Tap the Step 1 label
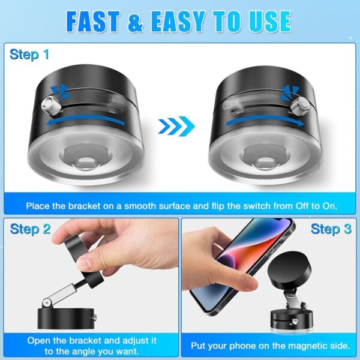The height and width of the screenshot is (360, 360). (x=29, y=55)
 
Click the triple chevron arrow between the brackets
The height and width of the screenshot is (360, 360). (x=176, y=126)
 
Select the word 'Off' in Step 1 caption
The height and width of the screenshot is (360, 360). (x=291, y=206)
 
